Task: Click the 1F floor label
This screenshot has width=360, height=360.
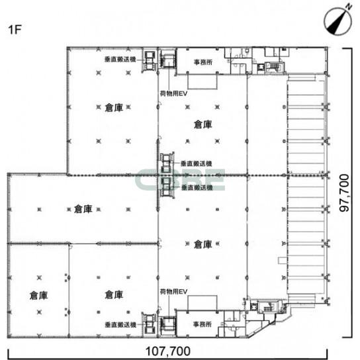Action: point(15,29)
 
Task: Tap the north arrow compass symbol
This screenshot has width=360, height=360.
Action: point(338,21)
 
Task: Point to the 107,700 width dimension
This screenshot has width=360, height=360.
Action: point(168,351)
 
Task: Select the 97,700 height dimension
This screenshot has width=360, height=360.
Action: point(344,193)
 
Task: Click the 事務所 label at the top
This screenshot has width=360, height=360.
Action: point(203,62)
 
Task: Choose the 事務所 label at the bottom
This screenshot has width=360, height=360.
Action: point(202,324)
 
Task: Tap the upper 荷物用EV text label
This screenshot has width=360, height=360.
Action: point(173,93)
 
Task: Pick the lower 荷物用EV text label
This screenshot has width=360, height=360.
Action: point(173,292)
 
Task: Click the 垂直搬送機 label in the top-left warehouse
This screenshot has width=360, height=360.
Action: point(120,60)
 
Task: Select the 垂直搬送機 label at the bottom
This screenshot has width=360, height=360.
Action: point(120,325)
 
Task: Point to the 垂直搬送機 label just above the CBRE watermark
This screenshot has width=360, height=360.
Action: point(197,163)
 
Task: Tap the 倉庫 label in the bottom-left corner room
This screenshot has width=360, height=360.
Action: point(38,295)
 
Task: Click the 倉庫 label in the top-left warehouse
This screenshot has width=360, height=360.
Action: point(114,107)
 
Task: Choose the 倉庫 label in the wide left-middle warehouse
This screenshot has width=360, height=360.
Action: point(83,209)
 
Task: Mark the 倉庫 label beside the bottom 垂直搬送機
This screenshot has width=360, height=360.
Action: point(114,294)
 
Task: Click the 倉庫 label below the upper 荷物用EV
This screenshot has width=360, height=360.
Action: point(202,124)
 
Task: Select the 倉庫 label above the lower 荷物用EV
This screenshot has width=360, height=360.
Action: point(202,244)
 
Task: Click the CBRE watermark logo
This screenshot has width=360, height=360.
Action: point(180,179)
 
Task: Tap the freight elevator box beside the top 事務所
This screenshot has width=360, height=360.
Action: point(168,59)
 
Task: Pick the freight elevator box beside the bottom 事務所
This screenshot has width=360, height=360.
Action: point(168,325)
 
